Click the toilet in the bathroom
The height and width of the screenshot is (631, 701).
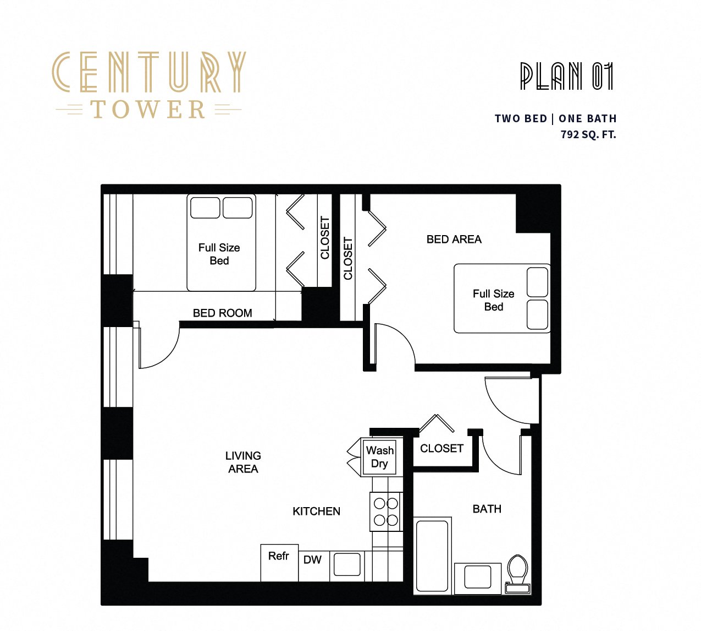[x=517, y=573]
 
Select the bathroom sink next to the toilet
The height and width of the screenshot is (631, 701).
[x=478, y=578]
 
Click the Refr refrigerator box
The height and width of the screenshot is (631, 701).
[x=279, y=562]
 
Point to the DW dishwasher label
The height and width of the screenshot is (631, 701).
[x=312, y=560]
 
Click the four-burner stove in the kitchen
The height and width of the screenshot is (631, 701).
[x=386, y=512]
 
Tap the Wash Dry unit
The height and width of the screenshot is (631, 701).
[x=379, y=457]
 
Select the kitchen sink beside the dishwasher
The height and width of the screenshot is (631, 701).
[x=347, y=565]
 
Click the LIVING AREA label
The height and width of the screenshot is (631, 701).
[x=243, y=463]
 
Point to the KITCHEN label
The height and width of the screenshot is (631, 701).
[x=316, y=512]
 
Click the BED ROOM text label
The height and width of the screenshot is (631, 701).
[x=222, y=313]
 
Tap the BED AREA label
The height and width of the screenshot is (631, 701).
[x=454, y=240]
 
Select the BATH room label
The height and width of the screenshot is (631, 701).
[x=487, y=509]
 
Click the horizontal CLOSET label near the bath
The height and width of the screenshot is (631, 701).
[x=441, y=449]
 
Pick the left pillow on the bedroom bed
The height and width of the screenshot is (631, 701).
[x=205, y=208]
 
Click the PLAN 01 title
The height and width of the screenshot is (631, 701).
[x=566, y=77]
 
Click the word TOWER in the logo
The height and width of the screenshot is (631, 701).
[x=148, y=110]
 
